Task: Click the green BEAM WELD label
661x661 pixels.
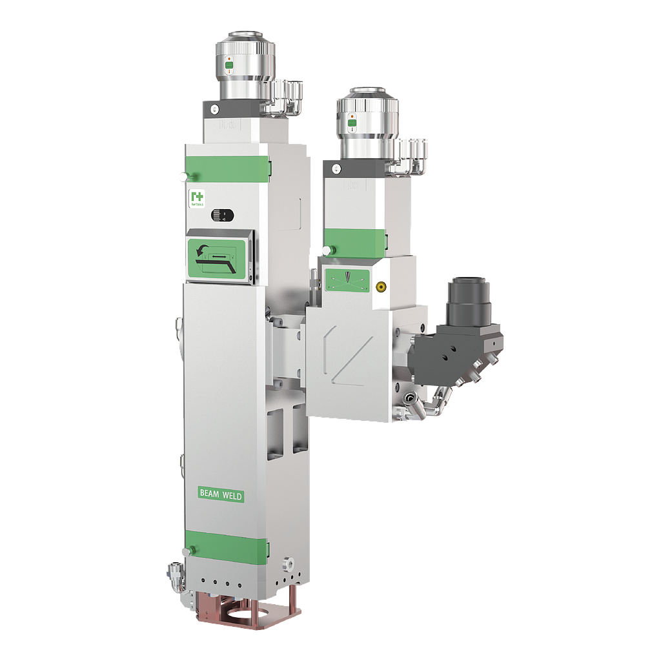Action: [x=221, y=494]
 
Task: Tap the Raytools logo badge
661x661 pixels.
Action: [x=196, y=199]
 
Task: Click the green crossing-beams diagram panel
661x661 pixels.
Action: [x=347, y=279]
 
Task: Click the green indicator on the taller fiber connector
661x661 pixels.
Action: [x=229, y=65]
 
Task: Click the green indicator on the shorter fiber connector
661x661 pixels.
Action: [x=352, y=122]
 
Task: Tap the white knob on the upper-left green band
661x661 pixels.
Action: [x=183, y=176]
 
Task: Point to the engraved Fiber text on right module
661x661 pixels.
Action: [x=352, y=185]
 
